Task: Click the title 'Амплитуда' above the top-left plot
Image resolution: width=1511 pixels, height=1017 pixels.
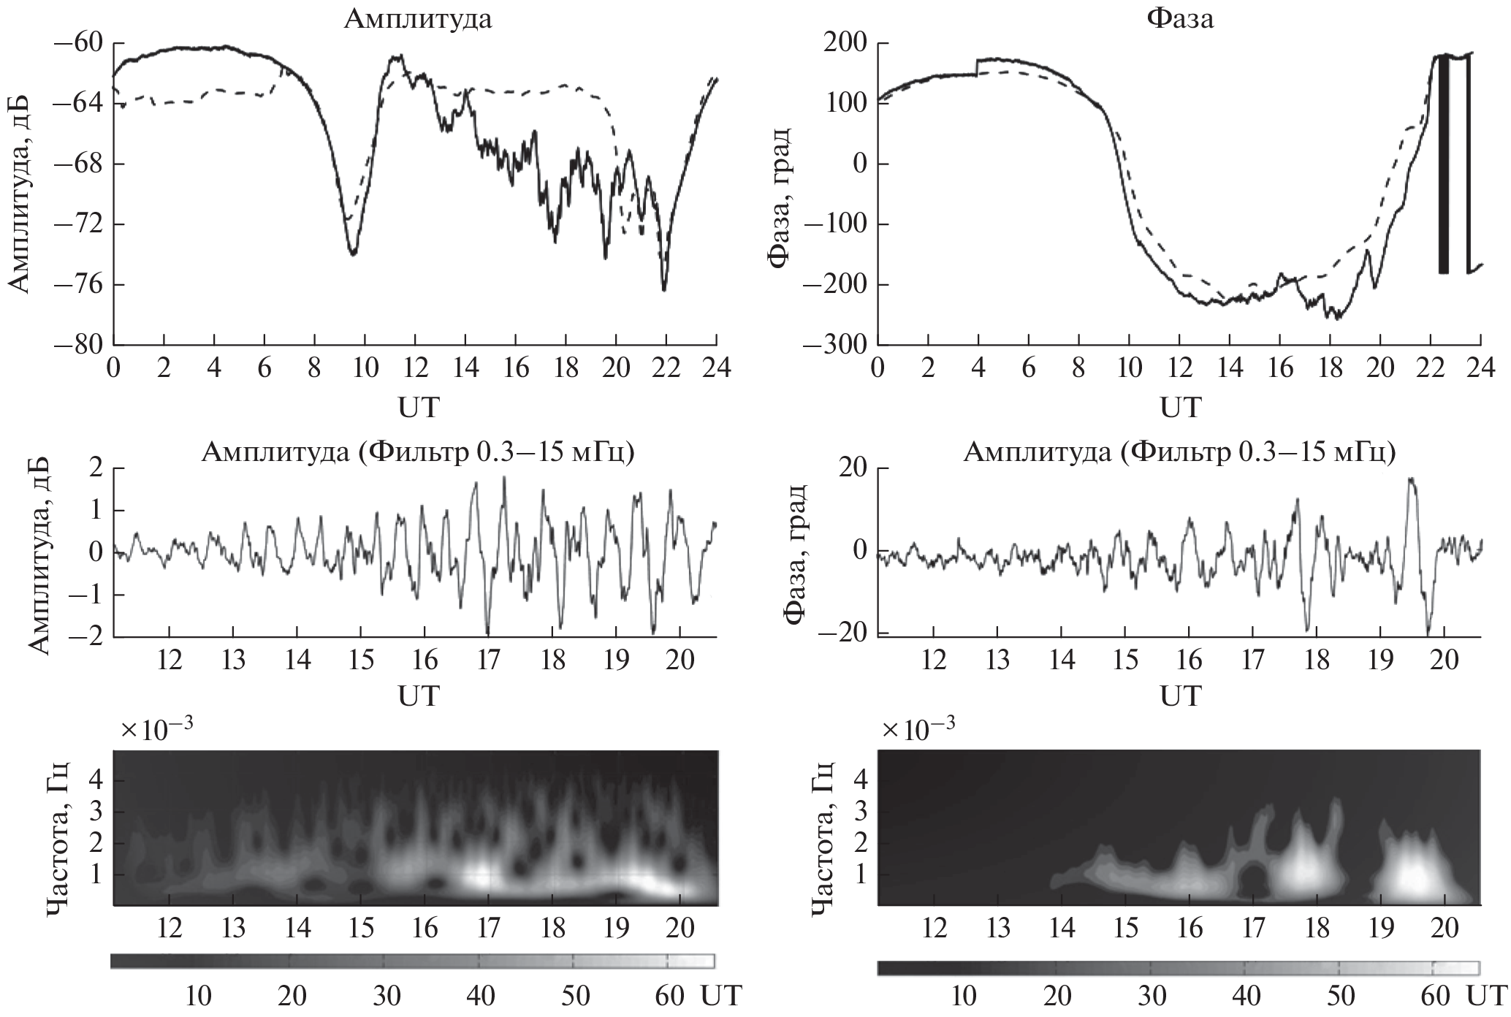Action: [x=418, y=19]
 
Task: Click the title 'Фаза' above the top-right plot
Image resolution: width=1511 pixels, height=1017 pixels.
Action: [x=1179, y=19]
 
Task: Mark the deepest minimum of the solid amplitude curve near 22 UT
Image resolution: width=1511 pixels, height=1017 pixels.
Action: [x=664, y=290]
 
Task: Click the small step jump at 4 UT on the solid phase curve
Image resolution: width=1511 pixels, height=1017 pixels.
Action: [x=978, y=68]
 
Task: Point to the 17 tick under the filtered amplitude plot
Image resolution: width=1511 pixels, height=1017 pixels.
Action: [x=488, y=660]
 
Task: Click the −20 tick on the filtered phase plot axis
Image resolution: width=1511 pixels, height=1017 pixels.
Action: [x=840, y=633]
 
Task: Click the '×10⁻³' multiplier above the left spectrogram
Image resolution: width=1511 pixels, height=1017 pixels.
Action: [x=157, y=730]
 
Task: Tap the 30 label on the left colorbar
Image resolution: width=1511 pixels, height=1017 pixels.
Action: [x=386, y=996]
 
